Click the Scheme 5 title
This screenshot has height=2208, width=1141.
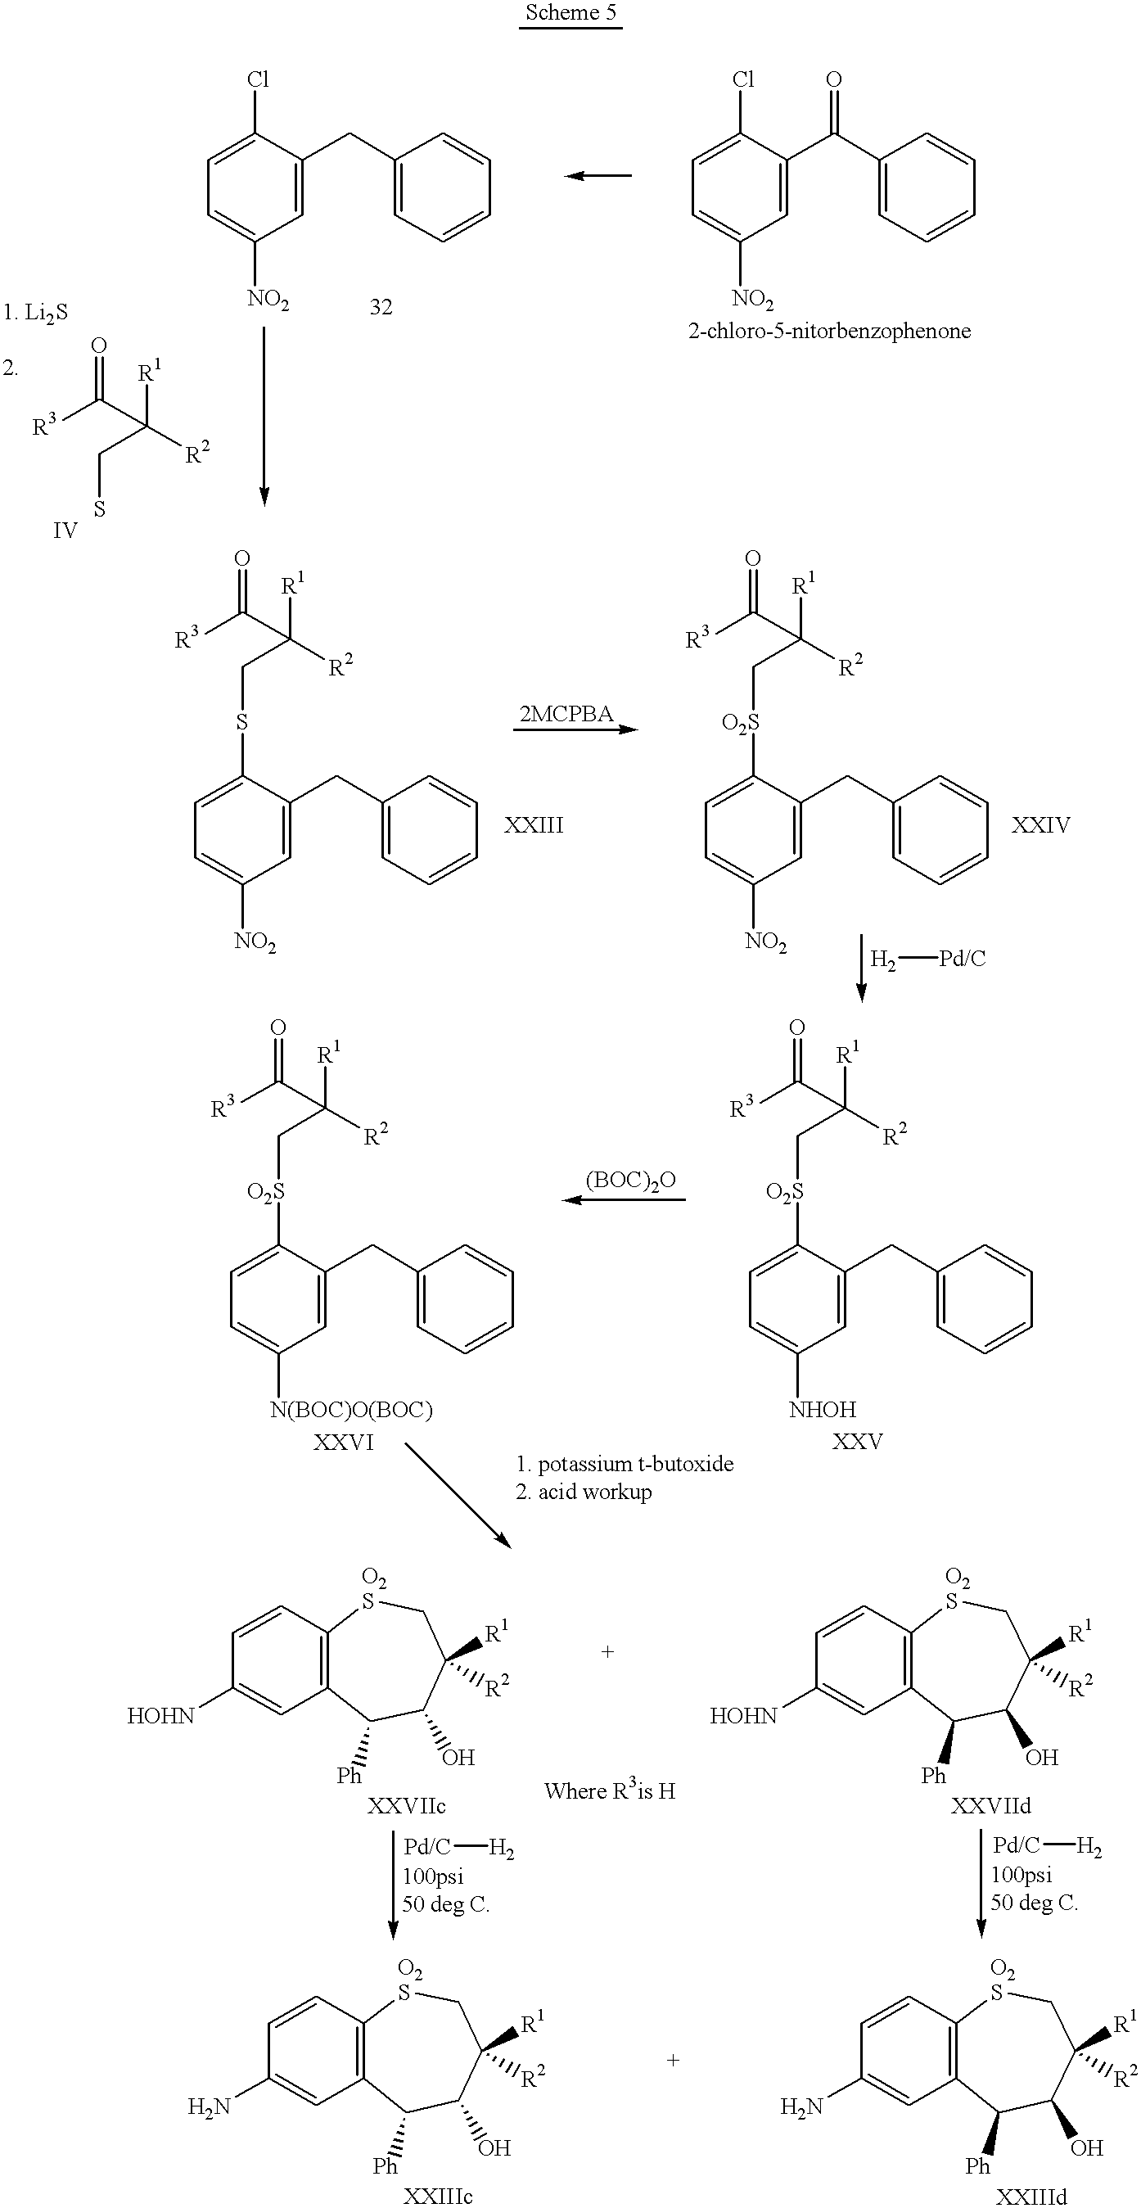point(570,13)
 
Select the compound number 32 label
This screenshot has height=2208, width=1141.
point(381,307)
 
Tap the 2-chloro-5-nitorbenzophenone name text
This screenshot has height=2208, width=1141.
point(829,331)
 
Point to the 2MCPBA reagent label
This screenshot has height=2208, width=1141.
point(566,713)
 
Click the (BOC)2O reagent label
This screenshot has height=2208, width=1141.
point(631,1181)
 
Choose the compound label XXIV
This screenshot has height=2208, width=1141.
point(1040,824)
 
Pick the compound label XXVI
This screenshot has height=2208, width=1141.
point(343,1442)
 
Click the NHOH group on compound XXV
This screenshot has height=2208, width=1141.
point(822,1409)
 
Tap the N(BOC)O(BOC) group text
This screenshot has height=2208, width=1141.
point(350,1409)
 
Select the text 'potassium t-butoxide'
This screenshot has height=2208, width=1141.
point(635,1464)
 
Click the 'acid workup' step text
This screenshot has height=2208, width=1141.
point(594,1492)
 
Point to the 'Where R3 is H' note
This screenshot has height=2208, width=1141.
point(610,1790)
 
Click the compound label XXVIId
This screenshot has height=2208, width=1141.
point(990,1806)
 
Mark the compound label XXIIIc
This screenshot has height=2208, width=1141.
point(437,2196)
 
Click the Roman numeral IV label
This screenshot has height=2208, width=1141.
point(65,531)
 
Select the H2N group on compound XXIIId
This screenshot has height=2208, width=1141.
point(801,2106)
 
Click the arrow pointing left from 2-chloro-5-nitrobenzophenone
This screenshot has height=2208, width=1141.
point(598,176)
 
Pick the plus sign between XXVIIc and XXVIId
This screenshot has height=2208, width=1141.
point(608,1652)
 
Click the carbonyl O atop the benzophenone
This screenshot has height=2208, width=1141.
point(833,79)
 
